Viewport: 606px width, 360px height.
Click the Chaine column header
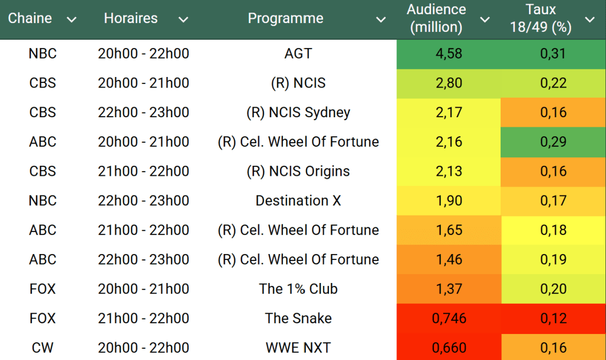[x=30, y=18]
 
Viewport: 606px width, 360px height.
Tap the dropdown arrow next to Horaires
[x=183, y=20]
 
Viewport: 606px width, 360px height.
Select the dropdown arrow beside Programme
[x=381, y=20]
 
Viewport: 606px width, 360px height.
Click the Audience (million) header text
[x=436, y=18]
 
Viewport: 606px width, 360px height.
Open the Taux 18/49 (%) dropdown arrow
[x=589, y=20]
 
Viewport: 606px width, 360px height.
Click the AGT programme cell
[x=298, y=54]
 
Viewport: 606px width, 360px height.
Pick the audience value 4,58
[x=449, y=54]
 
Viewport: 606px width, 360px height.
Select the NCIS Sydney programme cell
[x=298, y=112]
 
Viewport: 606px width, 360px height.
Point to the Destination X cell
[x=298, y=201]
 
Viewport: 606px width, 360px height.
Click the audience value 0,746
[x=449, y=319]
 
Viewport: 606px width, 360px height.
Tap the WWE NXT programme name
[x=298, y=348]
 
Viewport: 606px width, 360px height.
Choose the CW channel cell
[x=43, y=348]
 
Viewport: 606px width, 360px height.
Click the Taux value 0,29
[x=553, y=142]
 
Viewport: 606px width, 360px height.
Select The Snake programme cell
[x=298, y=319]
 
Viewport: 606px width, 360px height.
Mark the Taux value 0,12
[x=553, y=319]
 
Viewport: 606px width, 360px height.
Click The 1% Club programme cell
[x=298, y=289]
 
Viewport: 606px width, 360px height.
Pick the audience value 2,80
[x=449, y=83]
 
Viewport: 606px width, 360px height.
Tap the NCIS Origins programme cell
[x=298, y=171]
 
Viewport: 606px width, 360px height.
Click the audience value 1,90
[x=449, y=201]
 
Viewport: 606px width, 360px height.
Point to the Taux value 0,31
[x=553, y=54]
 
